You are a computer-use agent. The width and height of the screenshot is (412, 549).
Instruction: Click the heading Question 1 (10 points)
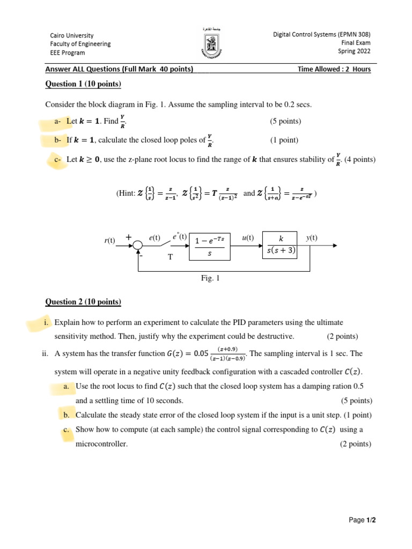click(83, 84)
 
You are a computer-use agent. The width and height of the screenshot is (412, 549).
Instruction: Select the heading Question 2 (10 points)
click(83, 302)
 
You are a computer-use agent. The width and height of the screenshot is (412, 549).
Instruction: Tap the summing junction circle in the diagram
click(138, 246)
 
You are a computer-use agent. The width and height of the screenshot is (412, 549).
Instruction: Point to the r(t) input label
click(110, 240)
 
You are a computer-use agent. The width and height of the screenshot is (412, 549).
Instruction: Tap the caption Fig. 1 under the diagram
click(210, 278)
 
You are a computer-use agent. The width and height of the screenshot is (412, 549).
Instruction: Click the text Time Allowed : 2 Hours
click(334, 69)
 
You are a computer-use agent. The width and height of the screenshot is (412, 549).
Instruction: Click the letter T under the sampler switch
click(171, 257)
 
